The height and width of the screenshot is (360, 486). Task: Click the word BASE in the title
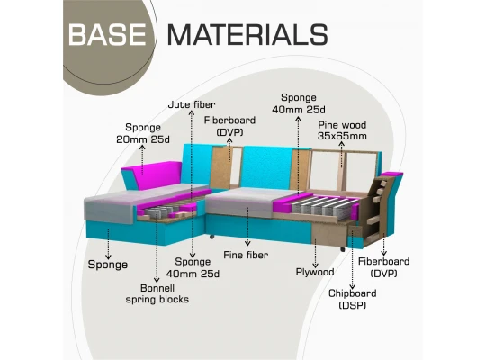[107, 34]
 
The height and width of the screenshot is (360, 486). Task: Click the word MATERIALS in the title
[247, 34]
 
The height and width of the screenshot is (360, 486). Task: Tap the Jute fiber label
[192, 104]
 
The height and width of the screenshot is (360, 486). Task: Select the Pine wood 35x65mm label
[342, 130]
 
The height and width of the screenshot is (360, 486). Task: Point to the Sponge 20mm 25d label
[143, 133]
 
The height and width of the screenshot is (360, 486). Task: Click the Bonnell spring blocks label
[157, 293]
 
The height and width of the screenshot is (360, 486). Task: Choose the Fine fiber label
[246, 256]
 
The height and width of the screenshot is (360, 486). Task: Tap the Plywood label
[315, 272]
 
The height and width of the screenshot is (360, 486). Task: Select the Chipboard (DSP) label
[353, 299]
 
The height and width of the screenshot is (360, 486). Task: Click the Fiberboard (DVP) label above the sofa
[229, 126]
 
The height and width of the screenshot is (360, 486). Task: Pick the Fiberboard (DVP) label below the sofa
[383, 267]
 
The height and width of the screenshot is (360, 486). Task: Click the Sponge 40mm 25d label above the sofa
[299, 103]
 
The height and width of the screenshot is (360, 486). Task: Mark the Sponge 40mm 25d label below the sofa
[193, 267]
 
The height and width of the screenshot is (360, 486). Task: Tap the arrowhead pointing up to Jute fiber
[192, 112]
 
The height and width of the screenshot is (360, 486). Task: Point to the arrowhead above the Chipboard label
[353, 286]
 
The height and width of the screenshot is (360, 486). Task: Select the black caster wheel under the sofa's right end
[343, 249]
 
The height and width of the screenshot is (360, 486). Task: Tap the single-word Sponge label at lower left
[108, 265]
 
